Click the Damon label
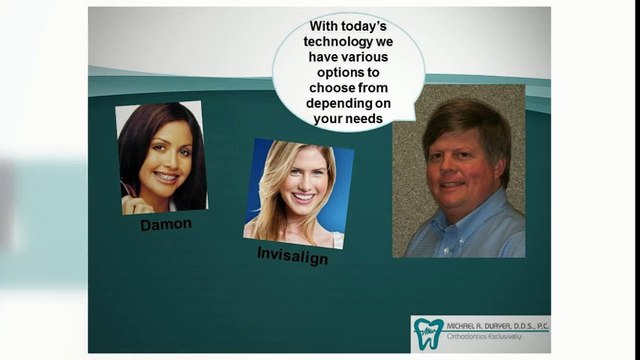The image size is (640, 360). coord(165,225)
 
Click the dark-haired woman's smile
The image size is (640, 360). coord(166,177)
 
